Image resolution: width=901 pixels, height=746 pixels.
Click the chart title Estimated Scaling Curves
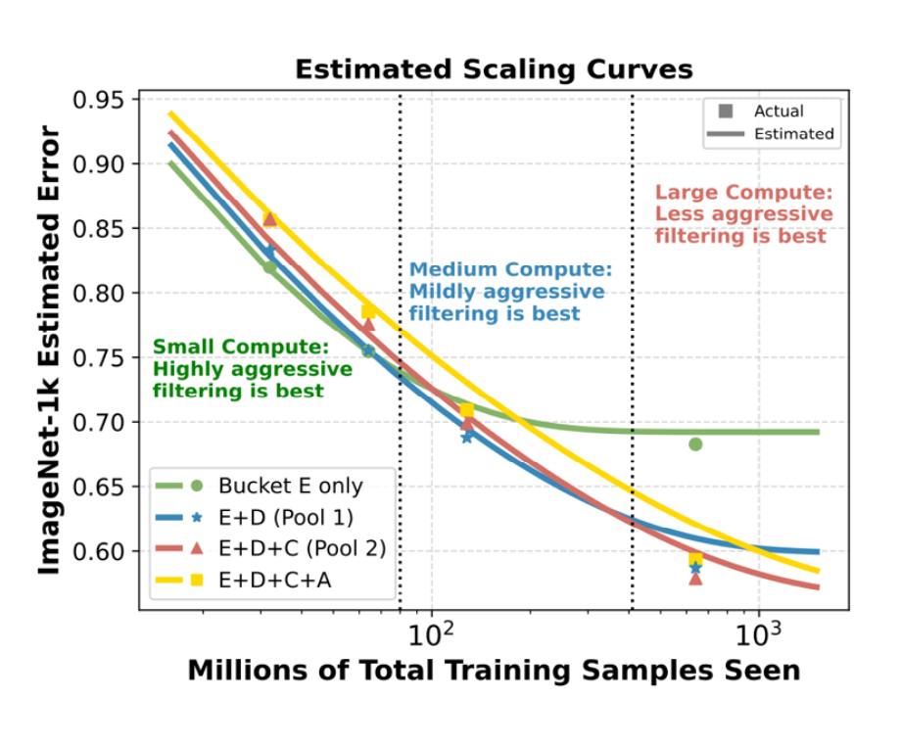[494, 70]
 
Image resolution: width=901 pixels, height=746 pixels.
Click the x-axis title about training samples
[494, 672]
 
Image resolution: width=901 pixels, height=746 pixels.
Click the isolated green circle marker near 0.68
[695, 444]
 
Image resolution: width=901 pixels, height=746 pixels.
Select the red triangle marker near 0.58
[695, 579]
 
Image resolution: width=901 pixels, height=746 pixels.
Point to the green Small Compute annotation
[252, 369]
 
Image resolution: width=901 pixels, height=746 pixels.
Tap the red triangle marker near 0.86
[270, 219]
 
